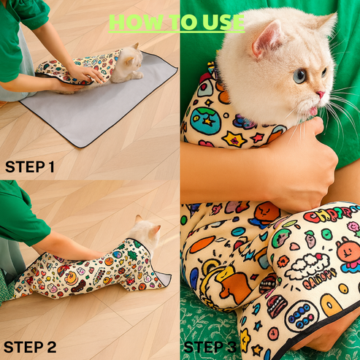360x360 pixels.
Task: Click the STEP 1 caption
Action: pos(30,167)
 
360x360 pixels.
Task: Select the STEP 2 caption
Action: pos(31,346)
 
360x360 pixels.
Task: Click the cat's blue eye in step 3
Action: pos(300,75)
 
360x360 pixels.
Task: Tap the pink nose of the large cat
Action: pos(320,95)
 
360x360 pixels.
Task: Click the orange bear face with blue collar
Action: pos(266,213)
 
